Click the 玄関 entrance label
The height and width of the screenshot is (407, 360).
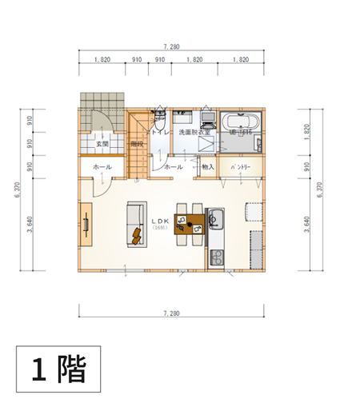pyautogui.click(x=102, y=145)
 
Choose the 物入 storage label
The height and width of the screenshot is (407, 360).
pyautogui.click(x=208, y=167)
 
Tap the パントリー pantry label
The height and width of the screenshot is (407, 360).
pyautogui.click(x=242, y=167)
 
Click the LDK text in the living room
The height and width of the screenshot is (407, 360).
pyautogui.click(x=157, y=221)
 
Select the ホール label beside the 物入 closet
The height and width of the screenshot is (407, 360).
pyautogui.click(x=174, y=167)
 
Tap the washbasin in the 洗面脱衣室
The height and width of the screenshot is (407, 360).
pyautogui.click(x=206, y=120)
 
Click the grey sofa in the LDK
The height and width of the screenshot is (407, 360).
pyautogui.click(x=132, y=224)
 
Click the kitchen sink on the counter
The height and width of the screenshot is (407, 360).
pyautogui.click(x=216, y=217)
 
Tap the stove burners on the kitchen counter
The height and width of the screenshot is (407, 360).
pyautogui.click(x=216, y=258)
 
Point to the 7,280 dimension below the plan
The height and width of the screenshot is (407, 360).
pyautogui.click(x=170, y=313)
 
